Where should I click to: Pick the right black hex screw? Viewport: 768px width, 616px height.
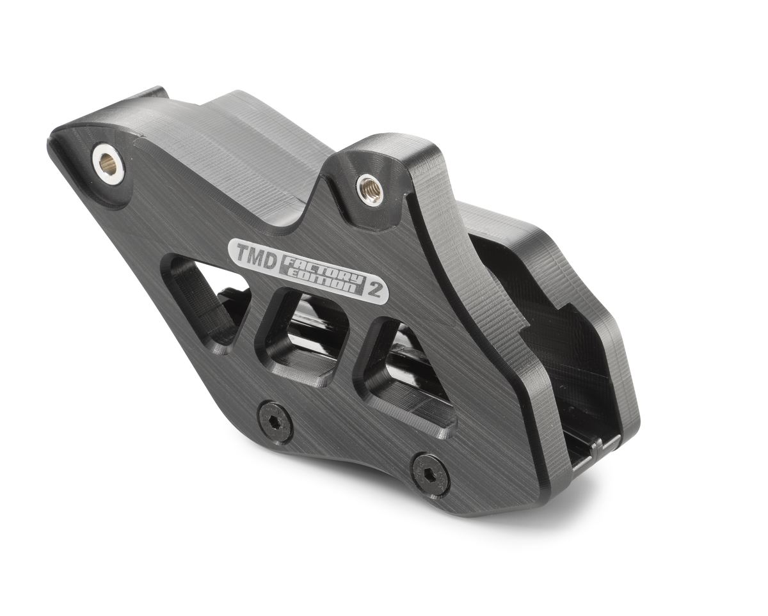coord(429,475)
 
